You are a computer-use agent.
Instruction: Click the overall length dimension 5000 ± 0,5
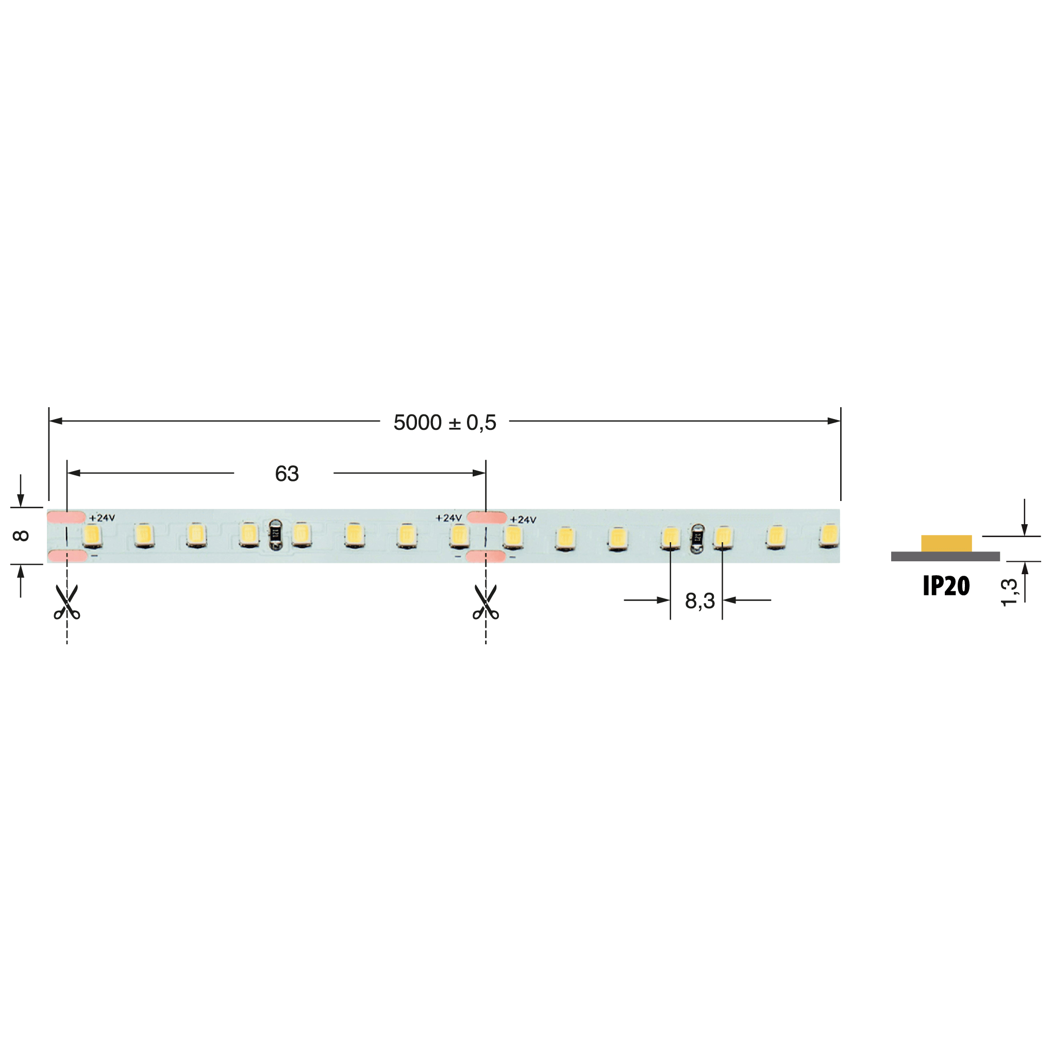(444, 423)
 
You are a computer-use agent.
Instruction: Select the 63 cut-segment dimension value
(287, 474)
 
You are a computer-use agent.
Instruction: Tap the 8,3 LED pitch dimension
(699, 601)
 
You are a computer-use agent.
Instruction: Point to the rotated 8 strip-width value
(21, 536)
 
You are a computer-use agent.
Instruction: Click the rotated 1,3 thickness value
(1009, 592)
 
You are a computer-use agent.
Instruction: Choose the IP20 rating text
(946, 586)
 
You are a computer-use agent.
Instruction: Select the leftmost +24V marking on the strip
(102, 518)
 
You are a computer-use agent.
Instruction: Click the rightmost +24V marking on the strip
(523, 520)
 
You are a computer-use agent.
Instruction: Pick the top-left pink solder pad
(66, 517)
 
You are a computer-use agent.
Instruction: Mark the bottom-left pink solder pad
(67, 556)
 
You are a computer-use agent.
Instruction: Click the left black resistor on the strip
(276, 533)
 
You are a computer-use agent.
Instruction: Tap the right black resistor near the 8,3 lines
(697, 539)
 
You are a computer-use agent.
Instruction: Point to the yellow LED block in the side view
(946, 543)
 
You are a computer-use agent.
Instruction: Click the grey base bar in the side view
(945, 556)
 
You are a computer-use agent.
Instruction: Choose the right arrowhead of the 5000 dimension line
(833, 421)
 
